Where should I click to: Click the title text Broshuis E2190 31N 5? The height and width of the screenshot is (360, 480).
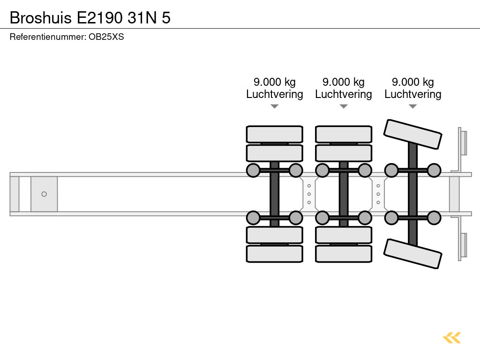click(90, 17)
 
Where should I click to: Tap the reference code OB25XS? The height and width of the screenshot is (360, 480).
click(106, 37)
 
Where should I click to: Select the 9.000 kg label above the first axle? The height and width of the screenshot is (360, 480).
click(275, 82)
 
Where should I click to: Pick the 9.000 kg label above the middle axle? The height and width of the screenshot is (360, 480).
click(344, 82)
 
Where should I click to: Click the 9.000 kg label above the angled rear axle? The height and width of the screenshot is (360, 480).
click(413, 82)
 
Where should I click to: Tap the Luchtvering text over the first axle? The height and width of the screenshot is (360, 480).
click(275, 94)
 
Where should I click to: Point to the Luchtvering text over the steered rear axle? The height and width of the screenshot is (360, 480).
click(413, 94)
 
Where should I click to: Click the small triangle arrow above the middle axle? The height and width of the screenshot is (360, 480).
click(344, 106)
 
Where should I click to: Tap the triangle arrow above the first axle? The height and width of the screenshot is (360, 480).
click(275, 106)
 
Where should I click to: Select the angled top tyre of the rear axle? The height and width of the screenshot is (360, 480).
click(412, 135)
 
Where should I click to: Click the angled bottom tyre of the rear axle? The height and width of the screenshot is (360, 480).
click(412, 254)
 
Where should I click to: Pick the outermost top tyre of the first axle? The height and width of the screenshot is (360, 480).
click(275, 134)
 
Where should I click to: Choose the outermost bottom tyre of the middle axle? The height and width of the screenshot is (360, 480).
click(344, 254)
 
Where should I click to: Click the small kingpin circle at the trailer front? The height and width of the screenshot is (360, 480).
click(44, 194)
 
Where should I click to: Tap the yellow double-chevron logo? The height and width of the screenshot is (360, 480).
click(452, 337)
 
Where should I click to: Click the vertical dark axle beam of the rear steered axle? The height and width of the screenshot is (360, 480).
click(412, 194)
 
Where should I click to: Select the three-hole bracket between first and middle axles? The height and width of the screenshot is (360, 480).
click(309, 194)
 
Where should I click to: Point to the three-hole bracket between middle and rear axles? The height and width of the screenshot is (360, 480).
click(378, 194)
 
